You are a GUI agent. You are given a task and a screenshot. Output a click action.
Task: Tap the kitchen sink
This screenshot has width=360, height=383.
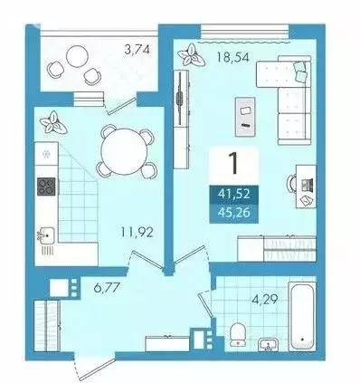click(46, 235)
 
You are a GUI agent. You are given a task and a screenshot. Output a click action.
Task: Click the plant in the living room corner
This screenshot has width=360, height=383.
click(191, 55)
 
